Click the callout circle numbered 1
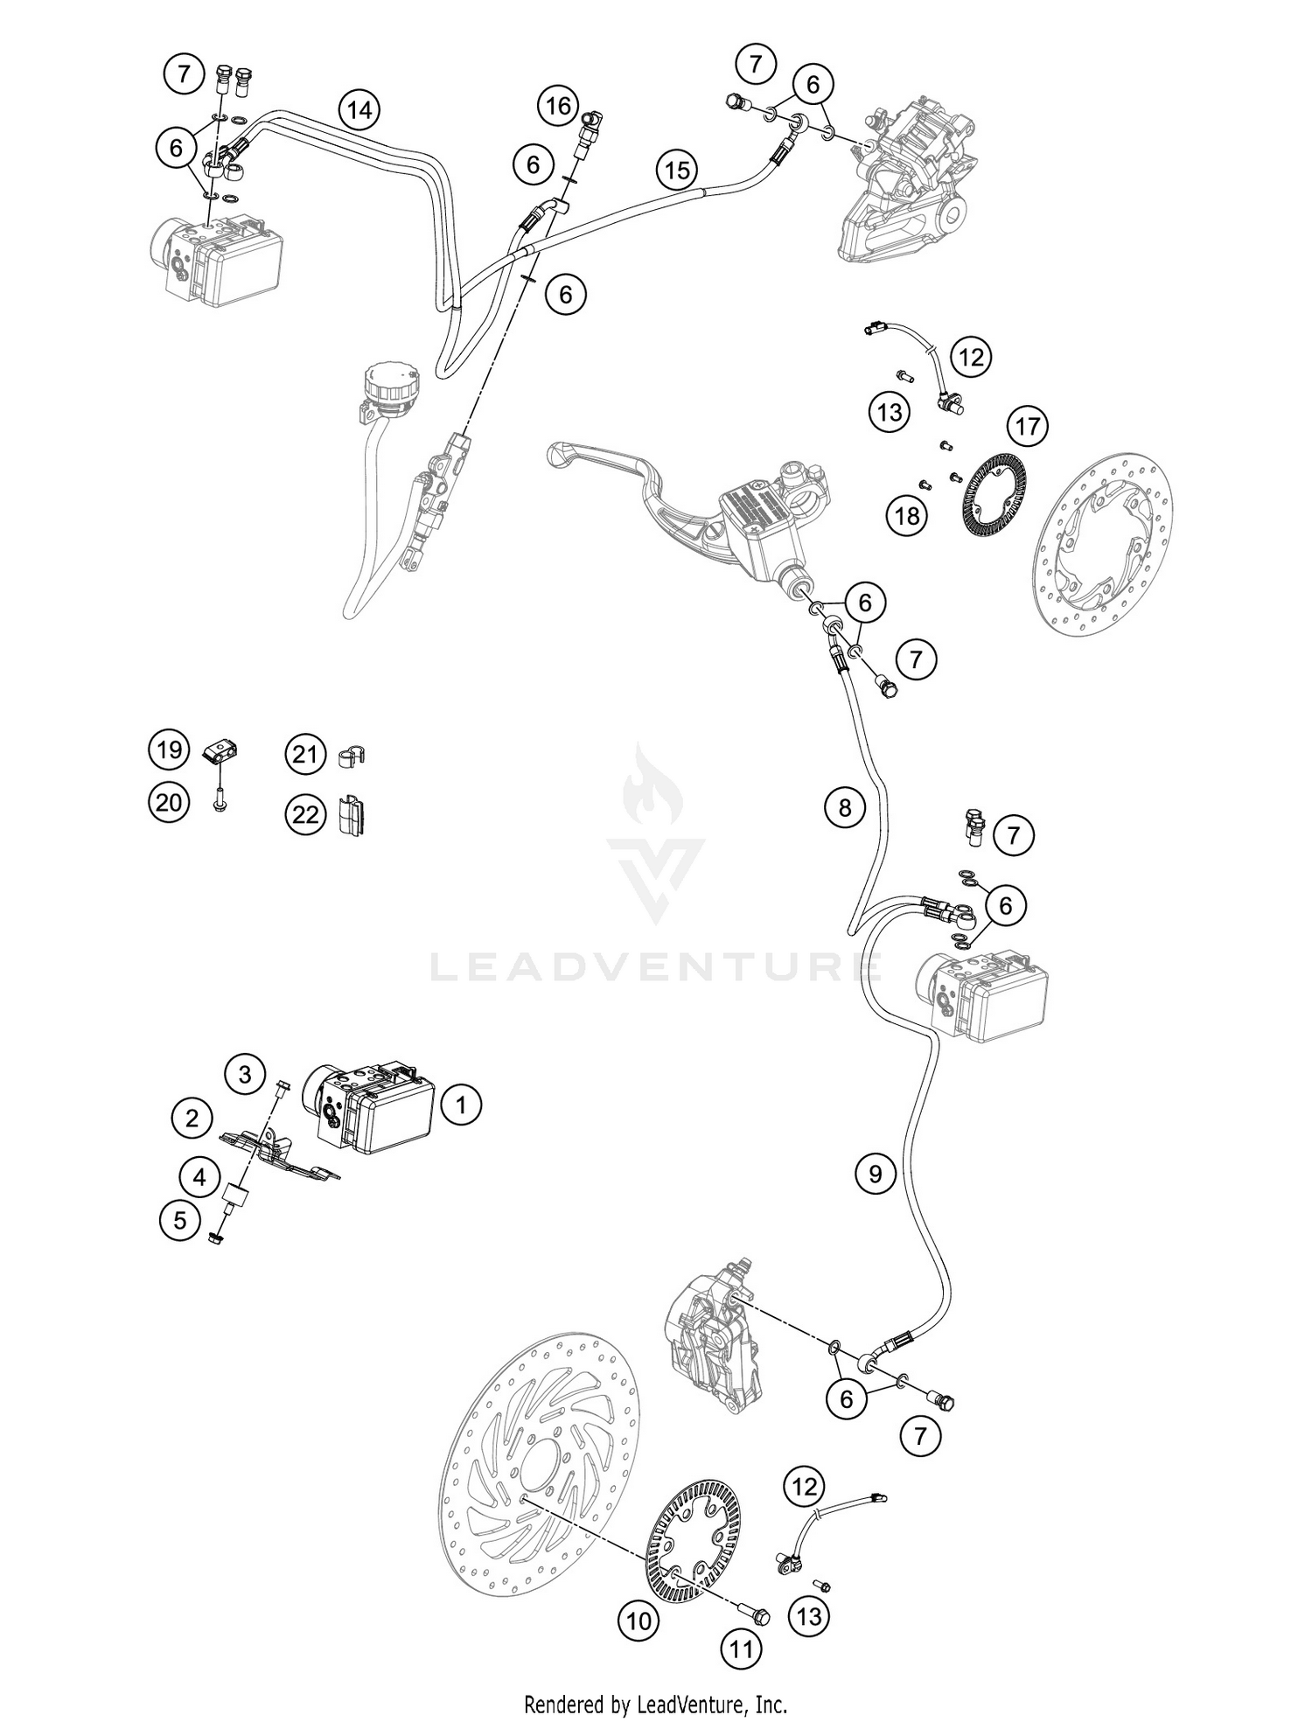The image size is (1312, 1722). (x=461, y=1105)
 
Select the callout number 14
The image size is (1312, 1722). (x=359, y=110)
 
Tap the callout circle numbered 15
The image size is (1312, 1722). (x=678, y=170)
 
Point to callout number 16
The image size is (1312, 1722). (x=558, y=107)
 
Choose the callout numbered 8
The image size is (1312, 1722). (x=844, y=807)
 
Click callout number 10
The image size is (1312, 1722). (x=639, y=1621)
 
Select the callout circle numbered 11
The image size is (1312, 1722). (x=741, y=1649)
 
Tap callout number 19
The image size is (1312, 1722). (x=169, y=749)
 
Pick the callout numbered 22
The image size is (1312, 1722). (x=304, y=815)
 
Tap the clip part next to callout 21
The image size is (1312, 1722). (x=351, y=755)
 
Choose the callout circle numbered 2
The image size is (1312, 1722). (x=192, y=1117)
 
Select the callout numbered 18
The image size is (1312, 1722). (x=907, y=516)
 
